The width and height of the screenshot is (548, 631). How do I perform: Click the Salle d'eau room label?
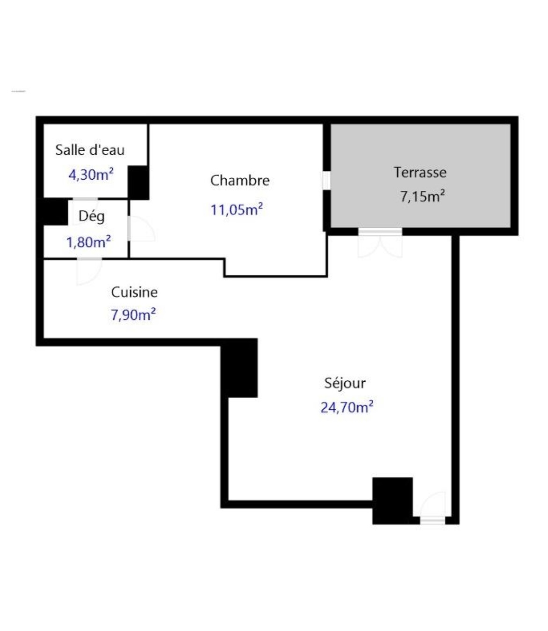pos(89,150)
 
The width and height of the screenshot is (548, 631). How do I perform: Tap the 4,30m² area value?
pos(91,175)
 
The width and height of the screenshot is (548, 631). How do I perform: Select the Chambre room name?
pos(240,181)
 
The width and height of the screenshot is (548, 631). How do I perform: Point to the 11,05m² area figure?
pos(237,210)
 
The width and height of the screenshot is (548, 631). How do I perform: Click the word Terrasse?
pos(420,173)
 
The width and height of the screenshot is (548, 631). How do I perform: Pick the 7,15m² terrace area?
pos(422,196)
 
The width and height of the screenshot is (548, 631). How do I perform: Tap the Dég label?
pos(91,217)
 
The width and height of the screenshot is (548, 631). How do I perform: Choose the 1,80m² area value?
pos(89,242)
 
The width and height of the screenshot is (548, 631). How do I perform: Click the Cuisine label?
pos(134,292)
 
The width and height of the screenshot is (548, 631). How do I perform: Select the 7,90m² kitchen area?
pos(133,315)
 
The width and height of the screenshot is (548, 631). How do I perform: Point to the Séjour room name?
pos(345,384)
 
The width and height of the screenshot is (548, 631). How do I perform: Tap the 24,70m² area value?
pos(347,407)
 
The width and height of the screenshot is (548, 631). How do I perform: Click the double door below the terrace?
pos(380,243)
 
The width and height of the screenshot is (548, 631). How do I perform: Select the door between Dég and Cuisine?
pos(89,271)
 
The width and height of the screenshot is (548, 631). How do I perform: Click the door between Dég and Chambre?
pos(141,228)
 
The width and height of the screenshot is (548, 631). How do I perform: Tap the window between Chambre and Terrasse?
pos(326,181)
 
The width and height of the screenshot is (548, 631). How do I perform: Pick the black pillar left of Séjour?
pos(239,368)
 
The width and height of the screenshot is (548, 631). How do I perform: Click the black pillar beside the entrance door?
pos(392,500)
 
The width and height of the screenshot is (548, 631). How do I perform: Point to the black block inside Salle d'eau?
pos(138,182)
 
